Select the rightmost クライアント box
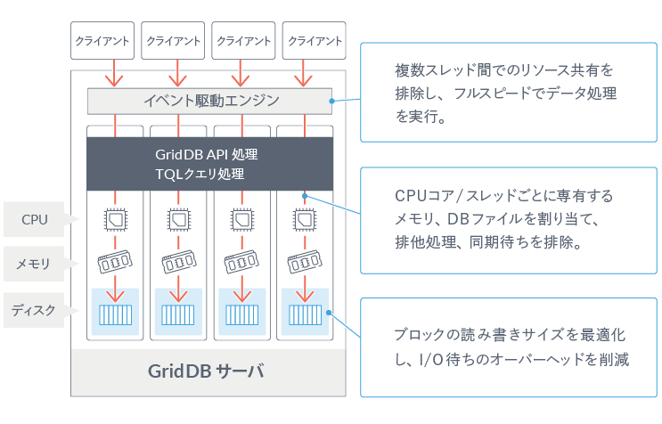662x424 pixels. tap(314, 41)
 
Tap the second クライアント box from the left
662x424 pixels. tap(173, 41)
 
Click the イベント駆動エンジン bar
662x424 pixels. tap(210, 101)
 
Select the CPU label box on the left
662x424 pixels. tap(36, 219)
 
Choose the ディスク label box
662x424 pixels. tap(36, 310)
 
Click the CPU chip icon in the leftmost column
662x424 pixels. tap(115, 218)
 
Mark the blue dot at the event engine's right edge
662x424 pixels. tap(331, 101)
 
